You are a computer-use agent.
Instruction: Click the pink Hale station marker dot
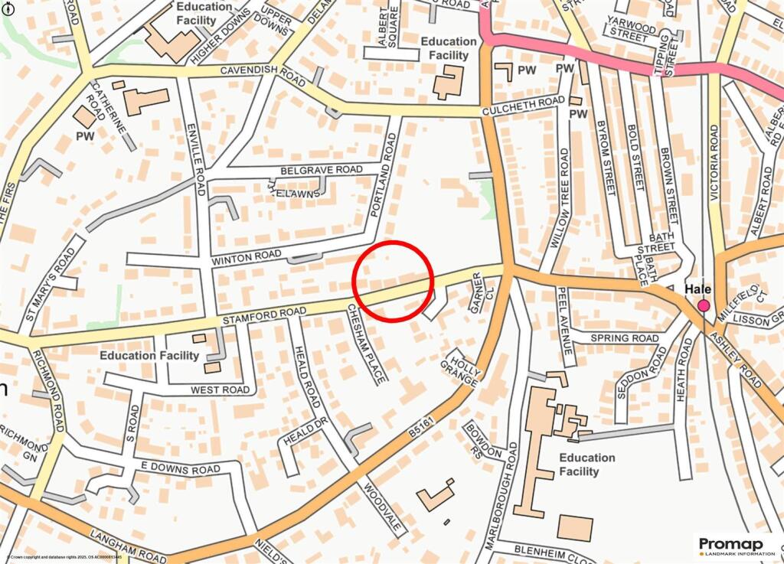(704, 306)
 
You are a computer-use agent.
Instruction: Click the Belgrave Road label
(322, 169)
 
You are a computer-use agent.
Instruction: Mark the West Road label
(220, 390)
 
